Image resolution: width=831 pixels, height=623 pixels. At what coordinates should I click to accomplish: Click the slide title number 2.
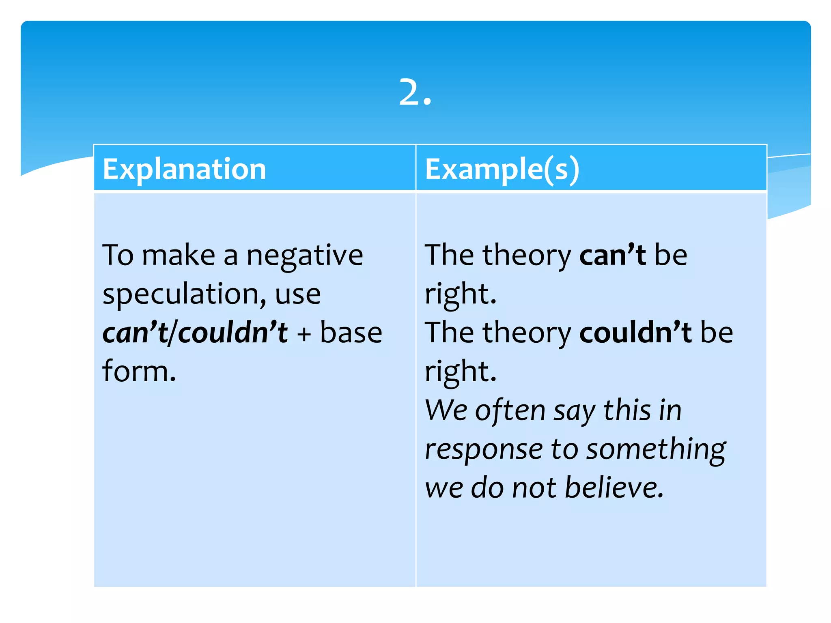point(415,92)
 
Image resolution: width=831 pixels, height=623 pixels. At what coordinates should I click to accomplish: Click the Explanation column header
point(184,169)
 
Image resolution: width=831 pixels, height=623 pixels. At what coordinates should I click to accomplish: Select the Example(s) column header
point(502,169)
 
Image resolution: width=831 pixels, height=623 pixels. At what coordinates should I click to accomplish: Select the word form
point(139,371)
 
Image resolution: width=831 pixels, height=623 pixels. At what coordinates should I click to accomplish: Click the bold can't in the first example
point(612,256)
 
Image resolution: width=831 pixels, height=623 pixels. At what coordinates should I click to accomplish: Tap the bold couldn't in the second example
point(635,333)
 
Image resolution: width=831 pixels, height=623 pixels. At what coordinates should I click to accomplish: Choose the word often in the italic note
point(510,410)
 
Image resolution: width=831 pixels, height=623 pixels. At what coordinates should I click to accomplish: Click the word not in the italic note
point(534,488)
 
